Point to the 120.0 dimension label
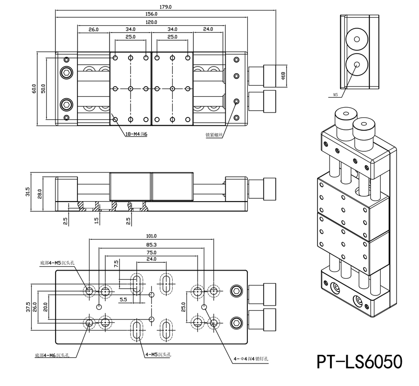151,22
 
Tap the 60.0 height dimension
34,89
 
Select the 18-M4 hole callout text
136,135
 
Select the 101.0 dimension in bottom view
151,236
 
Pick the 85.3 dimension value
151,244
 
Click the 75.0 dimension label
151,252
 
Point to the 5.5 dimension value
123,300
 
